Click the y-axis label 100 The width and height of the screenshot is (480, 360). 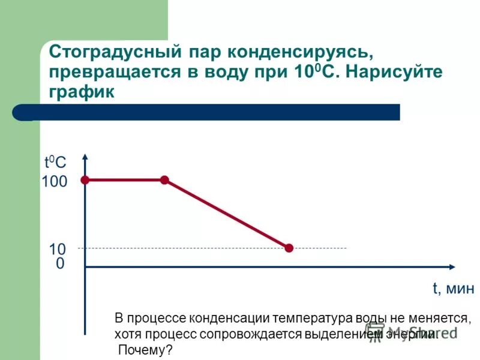click(55, 182)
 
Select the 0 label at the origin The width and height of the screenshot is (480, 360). click(60, 264)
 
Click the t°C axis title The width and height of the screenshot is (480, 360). click(55, 162)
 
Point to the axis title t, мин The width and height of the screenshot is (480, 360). click(453, 289)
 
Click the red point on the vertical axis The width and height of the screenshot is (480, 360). click(85, 179)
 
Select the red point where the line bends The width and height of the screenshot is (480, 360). click(164, 179)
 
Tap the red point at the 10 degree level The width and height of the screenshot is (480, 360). click(289, 248)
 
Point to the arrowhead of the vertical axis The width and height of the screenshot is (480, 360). click(86, 157)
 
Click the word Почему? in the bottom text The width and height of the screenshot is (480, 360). click(145, 350)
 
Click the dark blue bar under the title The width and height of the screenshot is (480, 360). click(216, 112)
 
